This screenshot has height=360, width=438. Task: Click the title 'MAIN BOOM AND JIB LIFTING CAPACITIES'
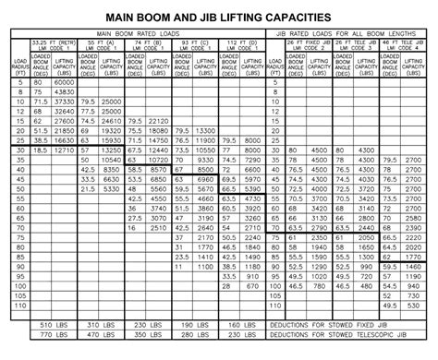tap(219, 17)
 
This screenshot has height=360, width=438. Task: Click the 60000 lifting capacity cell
tap(64, 83)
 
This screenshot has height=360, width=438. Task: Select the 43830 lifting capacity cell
tap(64, 92)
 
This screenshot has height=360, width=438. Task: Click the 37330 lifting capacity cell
tap(64, 102)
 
